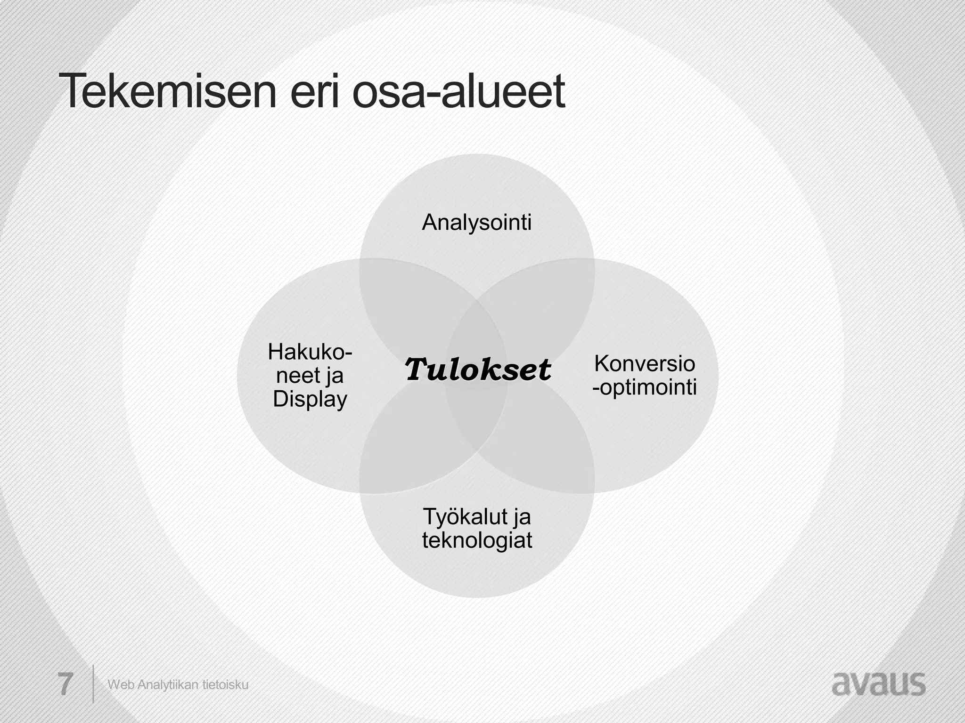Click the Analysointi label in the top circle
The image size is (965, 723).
tap(476, 222)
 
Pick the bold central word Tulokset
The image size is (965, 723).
tap(477, 370)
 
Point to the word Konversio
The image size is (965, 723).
tap(644, 363)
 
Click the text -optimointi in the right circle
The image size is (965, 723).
tap(644, 387)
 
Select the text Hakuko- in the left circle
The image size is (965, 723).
tap(310, 352)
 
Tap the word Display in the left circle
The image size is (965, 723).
tap(310, 399)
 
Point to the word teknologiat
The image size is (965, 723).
tap(477, 540)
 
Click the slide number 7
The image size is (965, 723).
tap(65, 684)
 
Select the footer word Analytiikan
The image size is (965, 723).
tap(168, 685)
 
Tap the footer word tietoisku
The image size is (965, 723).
tap(225, 685)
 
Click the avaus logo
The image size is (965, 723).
tap(878, 684)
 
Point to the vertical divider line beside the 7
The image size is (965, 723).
tap(93, 683)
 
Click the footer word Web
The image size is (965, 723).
tap(121, 685)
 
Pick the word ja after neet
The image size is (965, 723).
tap(334, 376)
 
